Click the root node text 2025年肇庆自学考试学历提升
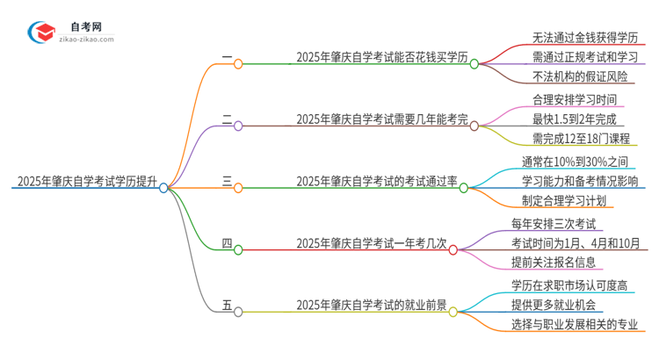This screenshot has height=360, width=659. (85, 183)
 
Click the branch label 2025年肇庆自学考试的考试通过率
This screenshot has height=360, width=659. (376, 183)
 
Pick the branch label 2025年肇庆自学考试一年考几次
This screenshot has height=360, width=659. (371, 243)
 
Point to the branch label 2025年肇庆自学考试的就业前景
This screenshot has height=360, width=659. (371, 305)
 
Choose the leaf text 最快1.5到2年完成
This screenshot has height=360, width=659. (575, 118)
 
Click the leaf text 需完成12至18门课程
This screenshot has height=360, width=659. (580, 138)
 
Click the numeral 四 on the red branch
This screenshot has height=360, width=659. (227, 243)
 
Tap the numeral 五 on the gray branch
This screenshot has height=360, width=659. (227, 305)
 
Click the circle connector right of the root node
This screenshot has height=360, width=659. (163, 187)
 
